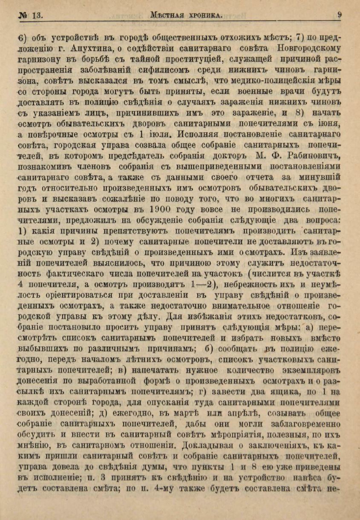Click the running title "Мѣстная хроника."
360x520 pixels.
187,15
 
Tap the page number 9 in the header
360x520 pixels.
340,14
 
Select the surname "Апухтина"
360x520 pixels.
91,47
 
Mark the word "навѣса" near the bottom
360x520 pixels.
305,478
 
